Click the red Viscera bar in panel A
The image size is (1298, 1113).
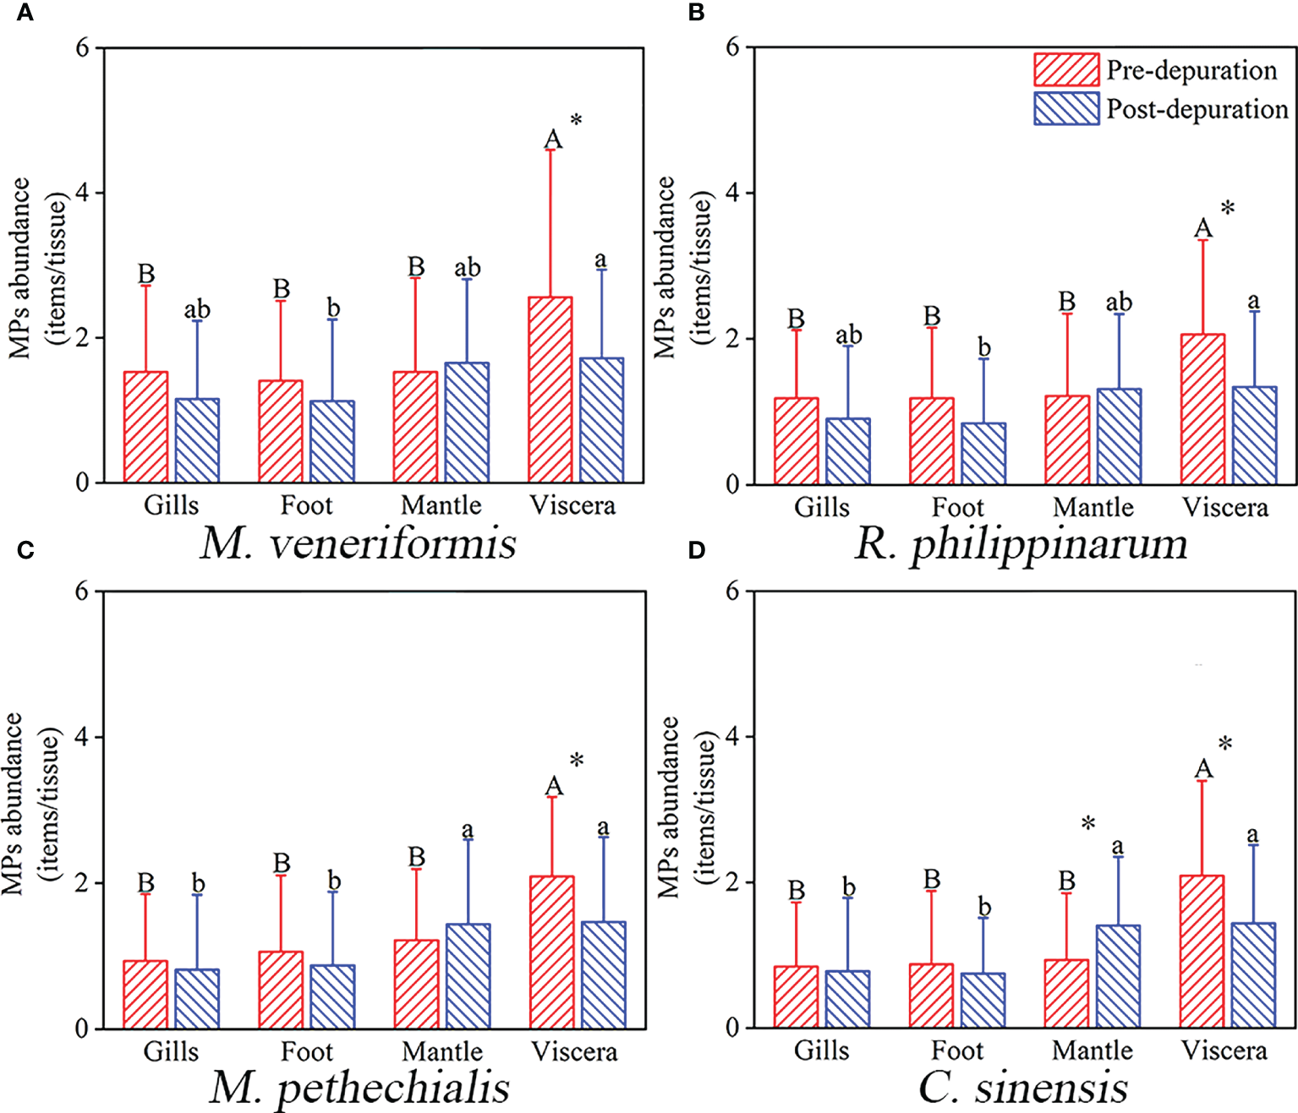coord(550,390)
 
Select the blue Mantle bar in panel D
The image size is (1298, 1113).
coord(1118,977)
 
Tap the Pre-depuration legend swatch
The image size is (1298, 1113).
coord(1066,70)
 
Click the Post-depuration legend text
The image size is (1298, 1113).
coord(1197,109)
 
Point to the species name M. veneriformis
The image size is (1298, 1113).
coord(359,543)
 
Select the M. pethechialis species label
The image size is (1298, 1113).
coord(359,1088)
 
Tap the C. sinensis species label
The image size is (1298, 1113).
coord(1023,1088)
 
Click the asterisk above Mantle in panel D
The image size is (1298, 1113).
coord(1088,823)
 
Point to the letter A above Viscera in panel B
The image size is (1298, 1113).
coord(1202,228)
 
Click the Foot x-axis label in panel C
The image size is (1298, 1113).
coord(306,1052)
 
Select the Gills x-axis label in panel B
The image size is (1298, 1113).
coord(821,507)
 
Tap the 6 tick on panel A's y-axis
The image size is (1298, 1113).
coord(82,48)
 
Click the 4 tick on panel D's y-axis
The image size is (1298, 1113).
coord(732,736)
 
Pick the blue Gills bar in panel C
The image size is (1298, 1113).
coord(197,999)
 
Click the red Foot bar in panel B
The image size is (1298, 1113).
coord(931,441)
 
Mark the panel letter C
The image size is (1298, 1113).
coord(25,550)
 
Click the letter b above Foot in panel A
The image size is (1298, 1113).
coord(333,308)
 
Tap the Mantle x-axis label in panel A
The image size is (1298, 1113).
coord(441,505)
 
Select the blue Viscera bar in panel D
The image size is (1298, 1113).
coord(1253,976)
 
